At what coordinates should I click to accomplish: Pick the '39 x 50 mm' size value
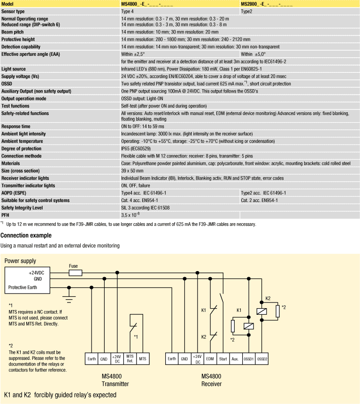click(132, 171)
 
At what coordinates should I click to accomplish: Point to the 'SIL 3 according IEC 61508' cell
click(146, 207)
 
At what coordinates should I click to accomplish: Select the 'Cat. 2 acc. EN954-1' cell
click(259, 200)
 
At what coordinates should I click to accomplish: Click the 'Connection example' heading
click(26, 235)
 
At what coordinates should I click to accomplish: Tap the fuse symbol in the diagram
click(75, 272)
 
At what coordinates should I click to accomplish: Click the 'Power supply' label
click(20, 261)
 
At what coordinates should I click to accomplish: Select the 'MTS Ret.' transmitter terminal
click(130, 358)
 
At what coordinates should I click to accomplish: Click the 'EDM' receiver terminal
click(210, 358)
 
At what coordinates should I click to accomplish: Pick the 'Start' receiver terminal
click(223, 358)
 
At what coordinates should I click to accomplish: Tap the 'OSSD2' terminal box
click(262, 358)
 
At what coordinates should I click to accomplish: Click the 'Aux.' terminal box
click(236, 358)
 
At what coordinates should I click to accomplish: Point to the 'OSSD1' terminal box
click(249, 358)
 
